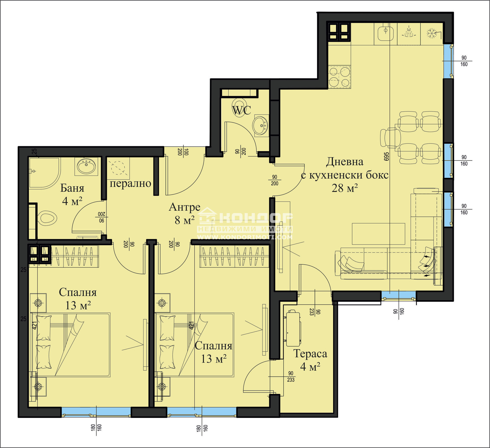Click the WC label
coord(242,110)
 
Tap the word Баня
coord(72,188)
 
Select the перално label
coord(130,183)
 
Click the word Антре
coord(185,207)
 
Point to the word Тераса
coord(310,354)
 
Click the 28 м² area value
coord(345,188)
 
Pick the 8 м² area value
coord(185,220)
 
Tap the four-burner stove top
coord(339,77)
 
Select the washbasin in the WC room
coord(260,125)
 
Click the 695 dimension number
coord(386,157)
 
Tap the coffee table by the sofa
coord(379,234)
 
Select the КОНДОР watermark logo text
coord(256,218)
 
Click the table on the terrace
coord(293,328)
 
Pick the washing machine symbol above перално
coord(118,168)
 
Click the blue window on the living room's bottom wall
coord(398,295)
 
